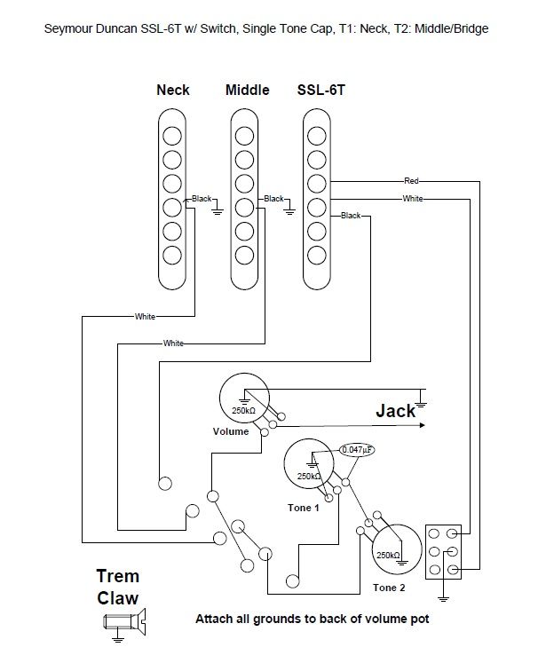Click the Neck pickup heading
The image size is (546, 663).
click(x=172, y=91)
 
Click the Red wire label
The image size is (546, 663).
click(x=412, y=180)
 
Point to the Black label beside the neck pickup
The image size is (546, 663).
click(x=202, y=199)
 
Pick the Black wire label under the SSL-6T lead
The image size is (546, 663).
click(x=351, y=216)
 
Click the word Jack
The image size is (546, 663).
click(x=395, y=411)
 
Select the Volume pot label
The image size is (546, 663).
click(x=231, y=432)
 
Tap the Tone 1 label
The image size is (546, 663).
click(x=302, y=507)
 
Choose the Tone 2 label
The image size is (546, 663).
click(x=390, y=588)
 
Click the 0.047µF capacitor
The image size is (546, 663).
click(x=359, y=449)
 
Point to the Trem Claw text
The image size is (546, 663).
click(x=117, y=586)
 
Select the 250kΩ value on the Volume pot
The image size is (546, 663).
click(x=243, y=411)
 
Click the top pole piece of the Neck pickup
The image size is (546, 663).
click(x=171, y=136)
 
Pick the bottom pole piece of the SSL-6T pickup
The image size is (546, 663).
click(x=316, y=257)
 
